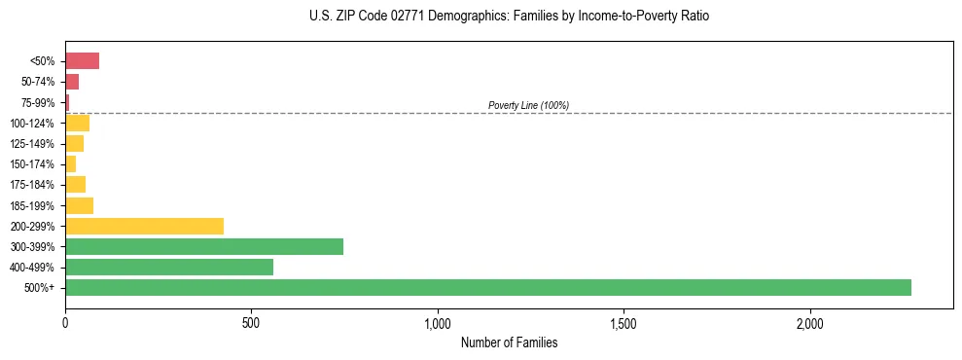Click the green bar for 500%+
[487, 287]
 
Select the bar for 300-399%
[203, 246]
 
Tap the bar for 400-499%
[168, 267]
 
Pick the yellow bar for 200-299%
[144, 226]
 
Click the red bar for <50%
[82, 61]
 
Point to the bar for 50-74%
[72, 82]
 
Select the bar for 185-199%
[79, 205]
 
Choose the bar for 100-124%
[77, 123]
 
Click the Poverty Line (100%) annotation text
[528, 105]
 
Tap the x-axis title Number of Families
[509, 342]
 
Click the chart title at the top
[510, 17]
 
